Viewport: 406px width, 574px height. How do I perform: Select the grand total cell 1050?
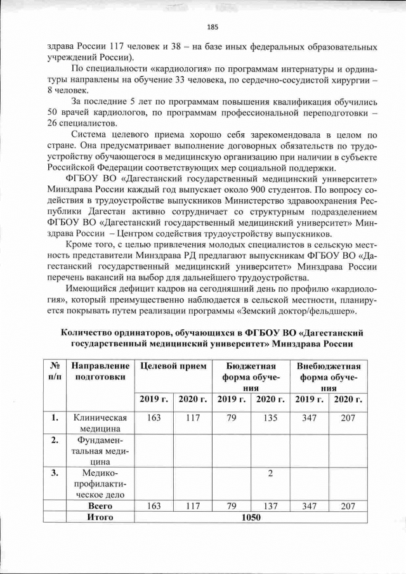click(x=252, y=518)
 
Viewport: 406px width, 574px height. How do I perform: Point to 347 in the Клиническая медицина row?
click(x=309, y=418)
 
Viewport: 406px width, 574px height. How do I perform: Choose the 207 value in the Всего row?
click(x=348, y=506)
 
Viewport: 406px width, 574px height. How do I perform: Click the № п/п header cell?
click(x=55, y=372)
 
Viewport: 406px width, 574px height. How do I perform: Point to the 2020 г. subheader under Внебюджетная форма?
click(x=348, y=399)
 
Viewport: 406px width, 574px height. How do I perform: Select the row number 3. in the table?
click(x=55, y=471)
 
